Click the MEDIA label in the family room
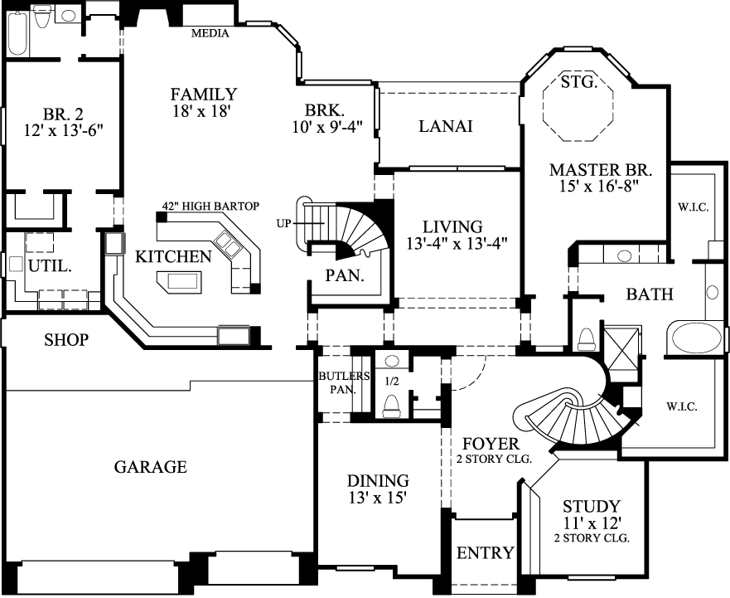tap(210, 34)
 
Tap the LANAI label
tap(445, 126)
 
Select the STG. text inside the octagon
tap(578, 81)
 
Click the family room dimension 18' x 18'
tap(203, 109)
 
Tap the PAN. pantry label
tap(345, 275)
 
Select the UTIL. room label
tap(49, 267)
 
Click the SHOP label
tap(66, 340)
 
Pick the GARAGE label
tap(150, 467)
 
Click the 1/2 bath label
tap(393, 382)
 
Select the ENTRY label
tap(485, 552)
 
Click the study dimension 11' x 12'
tap(591, 523)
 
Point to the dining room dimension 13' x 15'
tap(378, 497)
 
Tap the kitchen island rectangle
tap(184, 280)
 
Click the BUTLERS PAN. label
tap(338, 382)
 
